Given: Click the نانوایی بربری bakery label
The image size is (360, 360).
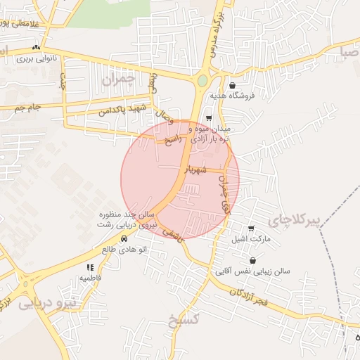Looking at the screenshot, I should pyautogui.click(x=44, y=60).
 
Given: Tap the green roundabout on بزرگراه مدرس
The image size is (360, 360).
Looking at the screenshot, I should pyautogui.click(x=202, y=81).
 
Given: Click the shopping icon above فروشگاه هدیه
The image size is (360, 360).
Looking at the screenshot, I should pyautogui.click(x=232, y=85).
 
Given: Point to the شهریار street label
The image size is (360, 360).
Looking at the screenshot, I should pyautogui.click(x=195, y=169).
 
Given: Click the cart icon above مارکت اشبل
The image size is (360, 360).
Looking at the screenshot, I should pyautogui.click(x=252, y=229).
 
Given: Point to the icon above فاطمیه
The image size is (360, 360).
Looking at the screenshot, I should pyautogui.click(x=89, y=267).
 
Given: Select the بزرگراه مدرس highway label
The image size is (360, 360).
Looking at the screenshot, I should pyautogui.click(x=214, y=33).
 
